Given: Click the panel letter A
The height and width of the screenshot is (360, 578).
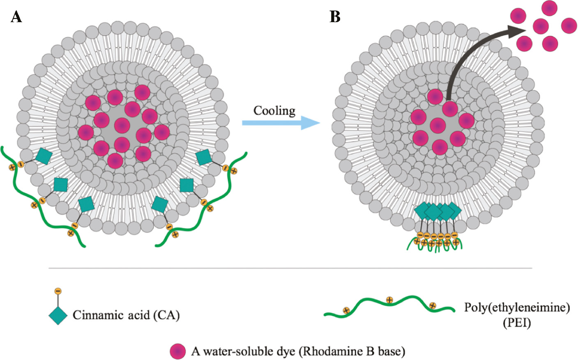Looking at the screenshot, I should click(x=16, y=17).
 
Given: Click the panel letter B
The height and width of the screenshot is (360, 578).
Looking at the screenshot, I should click(x=335, y=17).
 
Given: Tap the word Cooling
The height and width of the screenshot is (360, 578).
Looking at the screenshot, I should click(x=274, y=111).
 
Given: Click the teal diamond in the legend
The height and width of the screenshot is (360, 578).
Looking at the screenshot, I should click(x=58, y=315).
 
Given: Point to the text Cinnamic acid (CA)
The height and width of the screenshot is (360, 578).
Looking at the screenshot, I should click(x=126, y=315).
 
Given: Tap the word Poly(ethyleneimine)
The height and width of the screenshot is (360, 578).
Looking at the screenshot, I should click(x=517, y=307).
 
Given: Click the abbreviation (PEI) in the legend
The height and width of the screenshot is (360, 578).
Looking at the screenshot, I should click(x=517, y=323).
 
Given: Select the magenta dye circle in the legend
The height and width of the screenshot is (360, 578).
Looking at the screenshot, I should click(x=178, y=351).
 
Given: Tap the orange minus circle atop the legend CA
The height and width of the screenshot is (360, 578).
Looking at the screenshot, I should click(x=58, y=291).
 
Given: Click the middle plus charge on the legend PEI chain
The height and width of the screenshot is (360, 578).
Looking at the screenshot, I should click(x=389, y=300).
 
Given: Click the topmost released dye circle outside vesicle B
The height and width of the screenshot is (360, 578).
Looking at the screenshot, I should click(x=549, y=8).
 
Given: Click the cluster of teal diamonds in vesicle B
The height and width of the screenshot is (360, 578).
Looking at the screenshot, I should click(x=438, y=211).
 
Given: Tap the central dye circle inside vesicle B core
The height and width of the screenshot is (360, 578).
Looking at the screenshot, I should click(x=438, y=125).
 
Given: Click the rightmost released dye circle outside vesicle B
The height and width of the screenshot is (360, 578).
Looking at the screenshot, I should click(x=569, y=25).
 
